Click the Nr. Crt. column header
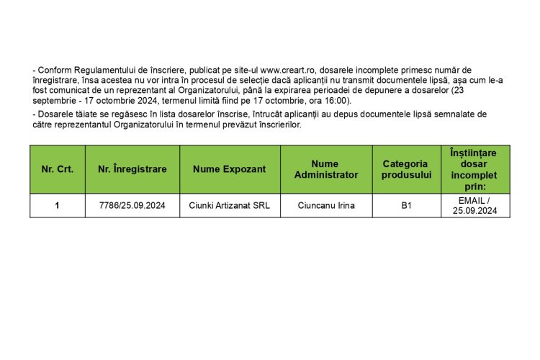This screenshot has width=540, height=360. click(57, 169)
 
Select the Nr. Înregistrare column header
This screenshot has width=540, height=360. click(132, 169)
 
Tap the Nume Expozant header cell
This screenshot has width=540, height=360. click(230, 169)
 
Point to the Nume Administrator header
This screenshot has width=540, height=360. click(326, 169)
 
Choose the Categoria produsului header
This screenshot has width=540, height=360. click(406, 169)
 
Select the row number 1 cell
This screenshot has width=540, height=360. click(57, 206)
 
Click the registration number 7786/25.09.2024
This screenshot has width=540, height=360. click(132, 206)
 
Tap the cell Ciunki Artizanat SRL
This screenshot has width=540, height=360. click(230, 206)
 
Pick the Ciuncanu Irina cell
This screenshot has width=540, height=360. click(326, 206)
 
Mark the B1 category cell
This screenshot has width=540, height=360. click(406, 206)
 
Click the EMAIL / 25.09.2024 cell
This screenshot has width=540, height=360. click(474, 206)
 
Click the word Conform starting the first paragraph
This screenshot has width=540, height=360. click(53, 70)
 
